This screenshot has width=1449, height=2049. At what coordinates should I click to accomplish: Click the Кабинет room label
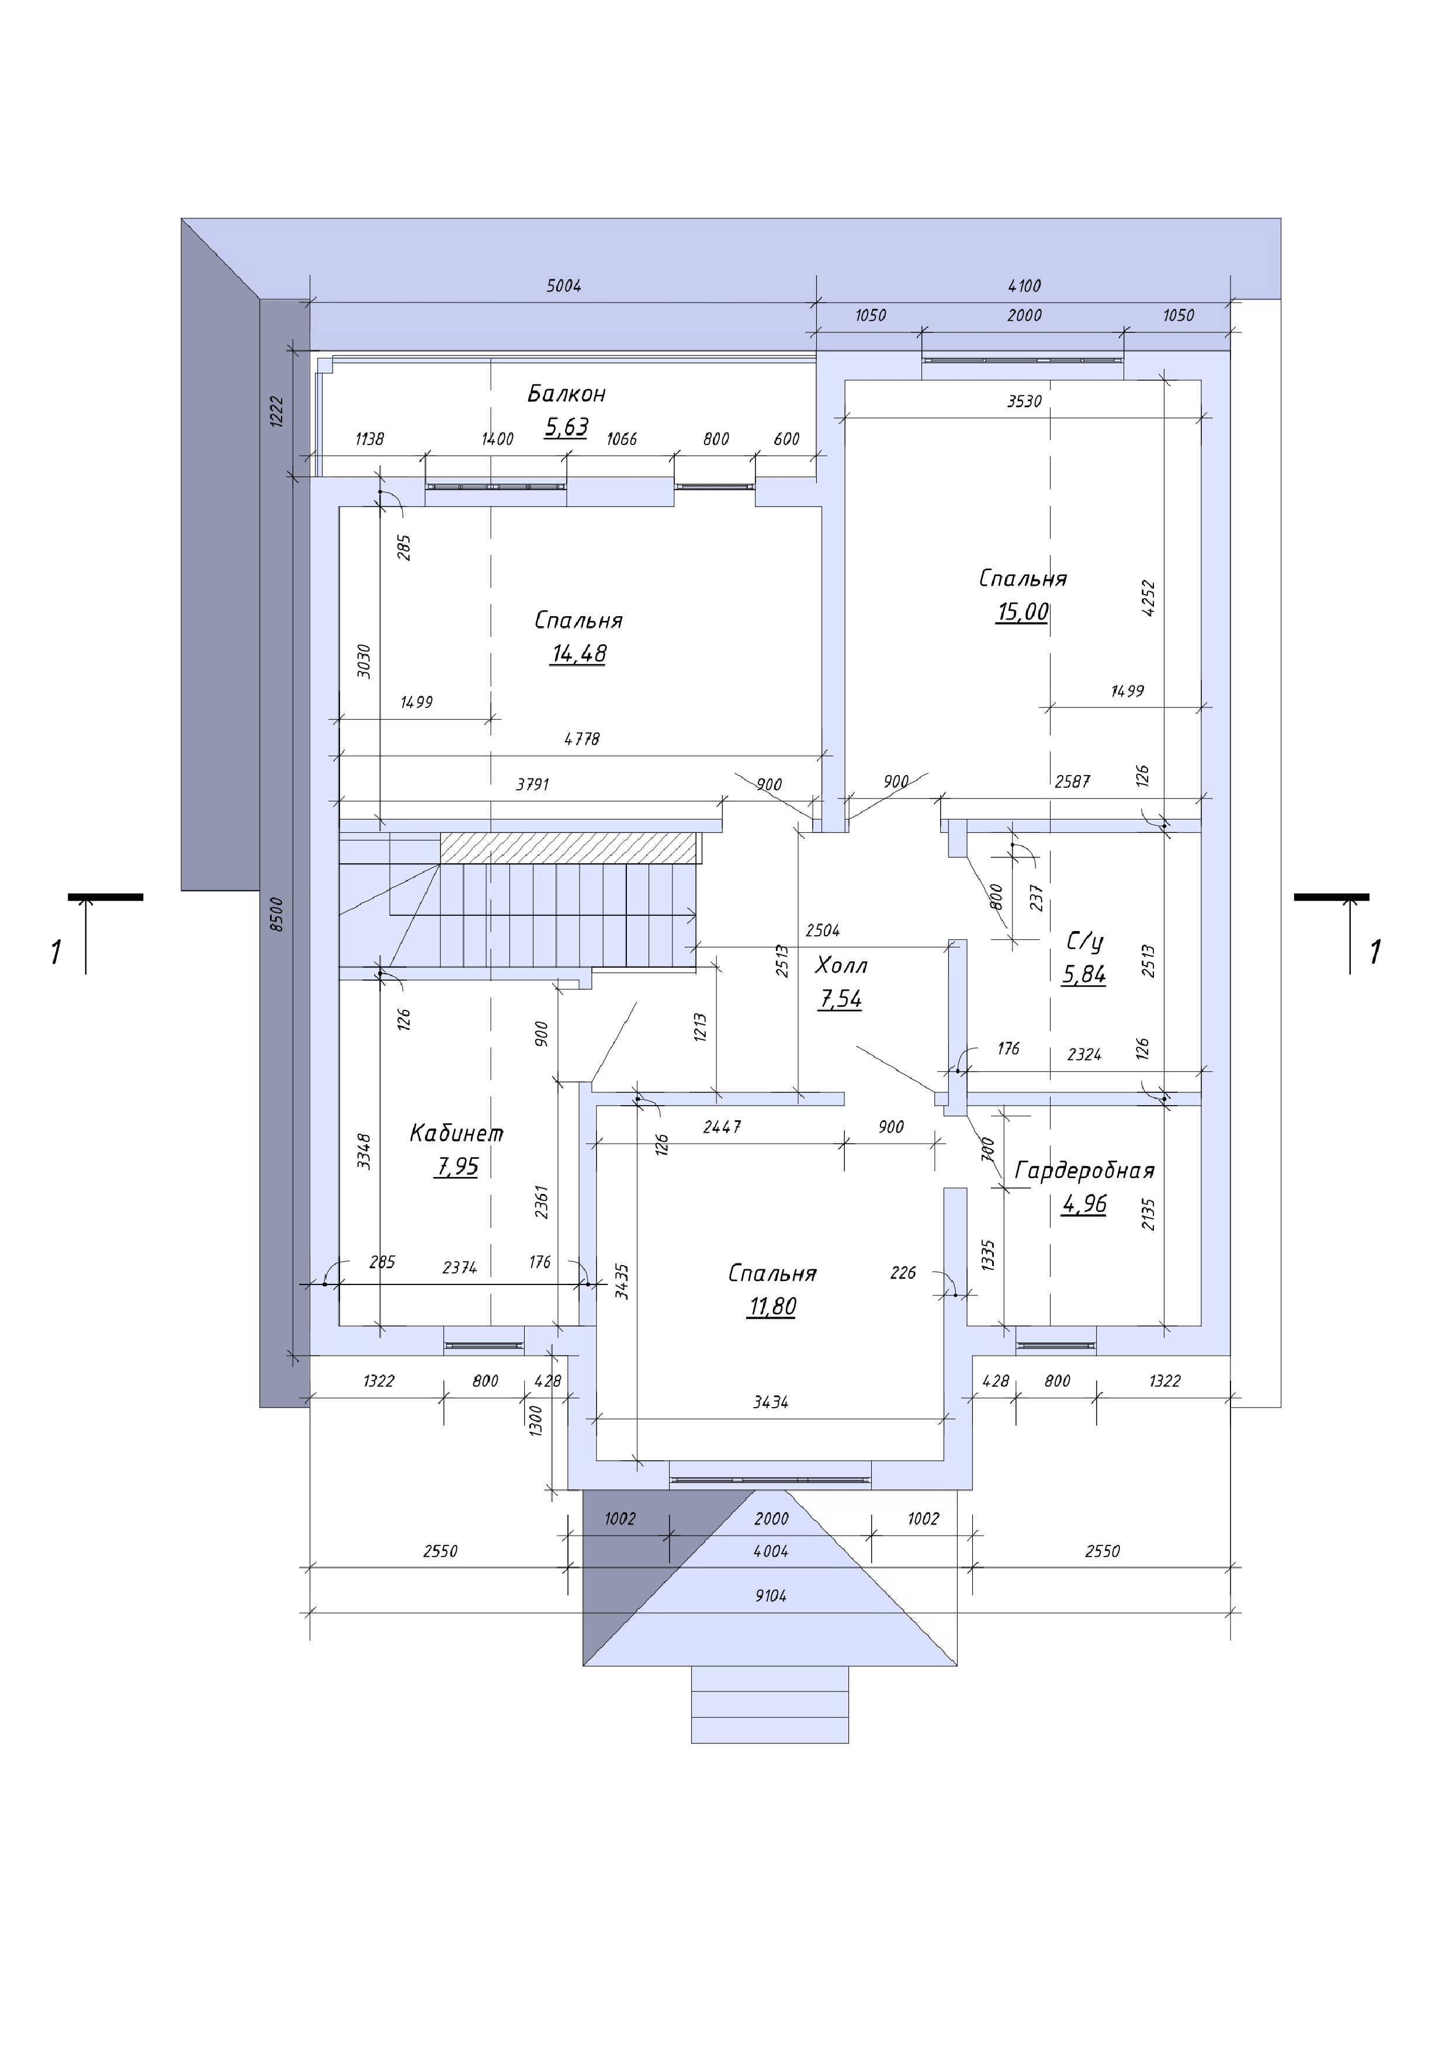tap(456, 1133)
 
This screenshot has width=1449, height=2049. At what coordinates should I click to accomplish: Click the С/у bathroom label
tap(1085, 942)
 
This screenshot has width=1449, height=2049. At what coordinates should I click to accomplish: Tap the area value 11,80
tap(772, 1307)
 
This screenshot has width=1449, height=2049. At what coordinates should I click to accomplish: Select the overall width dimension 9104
tap(771, 1596)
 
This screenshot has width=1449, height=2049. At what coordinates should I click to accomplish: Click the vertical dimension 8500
tap(277, 915)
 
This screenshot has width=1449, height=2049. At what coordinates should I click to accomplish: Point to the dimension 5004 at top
tap(563, 286)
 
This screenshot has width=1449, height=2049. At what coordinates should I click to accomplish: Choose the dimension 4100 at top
tap(1024, 286)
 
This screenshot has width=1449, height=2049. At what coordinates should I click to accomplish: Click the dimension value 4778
tap(582, 739)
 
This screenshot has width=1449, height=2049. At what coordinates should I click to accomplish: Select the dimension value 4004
tap(771, 1552)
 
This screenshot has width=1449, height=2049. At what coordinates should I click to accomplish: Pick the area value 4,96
tap(1084, 1205)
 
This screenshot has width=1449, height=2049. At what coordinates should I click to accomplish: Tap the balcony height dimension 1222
tap(277, 412)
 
